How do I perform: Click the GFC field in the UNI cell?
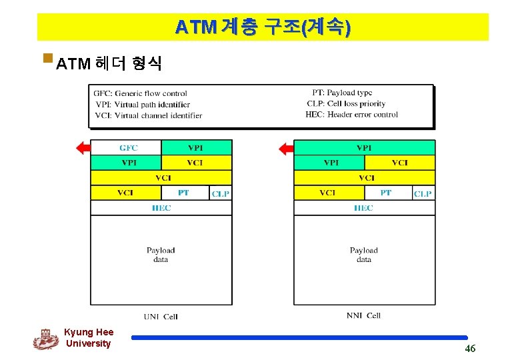[x=125, y=147]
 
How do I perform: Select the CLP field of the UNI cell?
[x=221, y=193]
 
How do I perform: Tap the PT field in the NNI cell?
[x=386, y=193]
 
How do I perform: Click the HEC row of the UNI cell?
[x=161, y=208]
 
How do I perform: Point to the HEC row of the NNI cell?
[x=364, y=208]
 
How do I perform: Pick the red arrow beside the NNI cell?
[x=286, y=148]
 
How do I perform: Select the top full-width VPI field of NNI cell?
[x=364, y=147]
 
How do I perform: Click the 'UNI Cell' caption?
[x=161, y=316]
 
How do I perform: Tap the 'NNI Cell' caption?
[x=363, y=315]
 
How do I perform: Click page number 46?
[x=470, y=349]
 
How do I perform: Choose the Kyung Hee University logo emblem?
[x=46, y=339]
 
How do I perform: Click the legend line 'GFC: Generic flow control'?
[x=140, y=93]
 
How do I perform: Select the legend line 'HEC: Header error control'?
[x=351, y=115]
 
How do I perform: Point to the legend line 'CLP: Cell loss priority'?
[x=346, y=104]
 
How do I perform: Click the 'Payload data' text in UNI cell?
[x=161, y=255]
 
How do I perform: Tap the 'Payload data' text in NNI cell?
[x=363, y=255]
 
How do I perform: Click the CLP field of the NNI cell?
[x=423, y=193]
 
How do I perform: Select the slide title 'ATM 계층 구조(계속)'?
[x=263, y=27]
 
